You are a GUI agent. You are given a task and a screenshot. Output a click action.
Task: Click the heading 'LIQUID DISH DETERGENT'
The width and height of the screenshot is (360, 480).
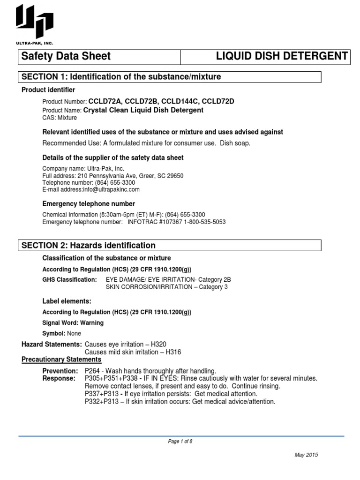(281, 56)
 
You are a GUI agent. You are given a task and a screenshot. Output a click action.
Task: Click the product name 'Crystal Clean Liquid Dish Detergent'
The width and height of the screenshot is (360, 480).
(143, 110)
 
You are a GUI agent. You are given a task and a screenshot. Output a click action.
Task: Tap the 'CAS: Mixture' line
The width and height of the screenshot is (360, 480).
(60, 118)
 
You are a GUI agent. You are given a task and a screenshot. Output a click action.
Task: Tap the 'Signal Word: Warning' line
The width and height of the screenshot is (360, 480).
(73, 323)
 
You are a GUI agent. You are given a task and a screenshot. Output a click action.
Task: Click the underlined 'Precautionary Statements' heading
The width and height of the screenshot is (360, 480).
(61, 360)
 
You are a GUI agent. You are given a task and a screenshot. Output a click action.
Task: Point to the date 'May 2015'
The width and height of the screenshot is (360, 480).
(306, 455)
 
